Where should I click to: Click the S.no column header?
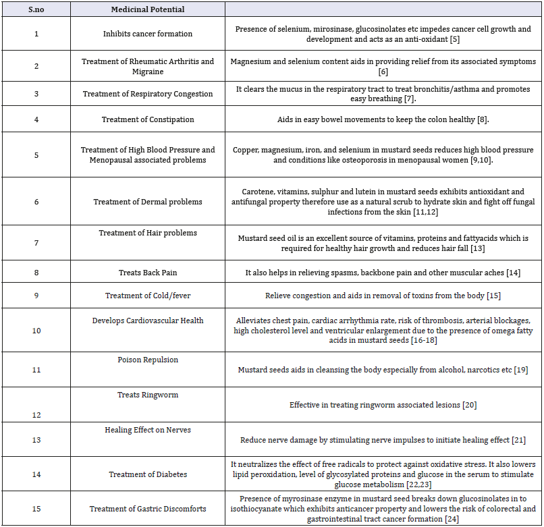coord(36,9)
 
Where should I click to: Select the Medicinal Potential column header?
coord(147,9)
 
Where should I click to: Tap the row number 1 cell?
coord(36,34)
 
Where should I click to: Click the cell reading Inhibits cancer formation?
coord(147,34)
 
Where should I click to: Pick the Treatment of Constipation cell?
coord(147,119)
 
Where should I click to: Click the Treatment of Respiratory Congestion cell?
coord(147,94)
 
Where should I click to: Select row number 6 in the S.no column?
coord(36,202)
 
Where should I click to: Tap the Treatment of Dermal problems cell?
coord(147,202)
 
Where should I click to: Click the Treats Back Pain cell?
coord(147,273)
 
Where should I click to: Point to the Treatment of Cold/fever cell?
coord(147,296)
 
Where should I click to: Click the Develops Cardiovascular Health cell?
coord(147,320)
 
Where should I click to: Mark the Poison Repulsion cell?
coord(147,360)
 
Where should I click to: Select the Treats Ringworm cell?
coord(147,395)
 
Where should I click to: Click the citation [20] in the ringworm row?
coord(470,405)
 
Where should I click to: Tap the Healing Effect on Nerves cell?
coord(147,430)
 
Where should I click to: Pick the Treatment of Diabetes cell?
coord(147,474)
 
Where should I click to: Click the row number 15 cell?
coord(36,509)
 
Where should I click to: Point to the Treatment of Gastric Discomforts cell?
coord(147,509)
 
